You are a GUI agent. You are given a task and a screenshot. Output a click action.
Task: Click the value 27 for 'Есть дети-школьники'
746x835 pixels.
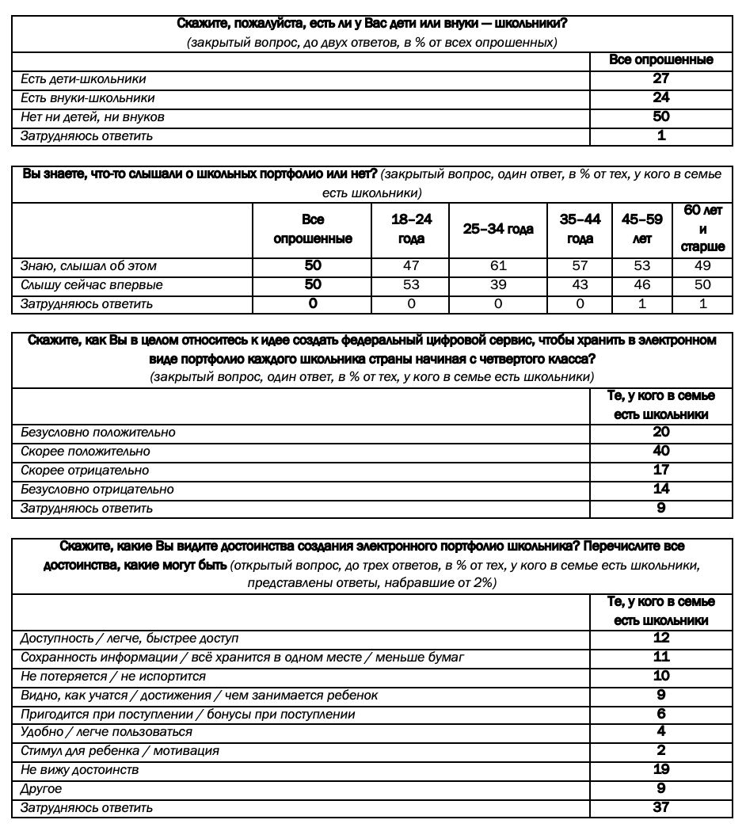661,78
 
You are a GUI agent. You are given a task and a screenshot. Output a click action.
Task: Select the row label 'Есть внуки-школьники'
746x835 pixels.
87,98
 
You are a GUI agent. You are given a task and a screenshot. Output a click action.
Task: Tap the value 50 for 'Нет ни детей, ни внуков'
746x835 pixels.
661,116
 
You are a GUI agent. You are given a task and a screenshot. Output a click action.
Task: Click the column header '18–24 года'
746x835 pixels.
411,229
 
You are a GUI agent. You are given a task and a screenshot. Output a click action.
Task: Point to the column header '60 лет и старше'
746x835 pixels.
702,229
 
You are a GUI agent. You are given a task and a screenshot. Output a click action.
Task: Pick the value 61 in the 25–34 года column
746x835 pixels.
498,266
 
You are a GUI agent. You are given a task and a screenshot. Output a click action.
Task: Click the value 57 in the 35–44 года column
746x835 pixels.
580,266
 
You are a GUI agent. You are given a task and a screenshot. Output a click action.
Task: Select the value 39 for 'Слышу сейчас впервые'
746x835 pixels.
498,285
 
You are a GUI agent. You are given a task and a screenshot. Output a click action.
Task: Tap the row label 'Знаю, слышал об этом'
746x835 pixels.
89,266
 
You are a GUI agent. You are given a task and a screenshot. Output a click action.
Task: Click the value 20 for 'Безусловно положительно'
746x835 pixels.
661,432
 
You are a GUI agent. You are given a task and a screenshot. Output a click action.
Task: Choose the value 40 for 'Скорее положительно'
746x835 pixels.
661,451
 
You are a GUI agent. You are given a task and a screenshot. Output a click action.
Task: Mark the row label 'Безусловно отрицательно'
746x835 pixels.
97,490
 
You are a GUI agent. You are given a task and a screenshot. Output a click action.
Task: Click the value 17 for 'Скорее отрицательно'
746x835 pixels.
661,471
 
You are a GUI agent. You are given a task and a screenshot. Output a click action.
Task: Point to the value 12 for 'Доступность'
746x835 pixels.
661,638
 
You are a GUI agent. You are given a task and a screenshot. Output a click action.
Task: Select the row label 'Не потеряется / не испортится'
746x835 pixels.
113,677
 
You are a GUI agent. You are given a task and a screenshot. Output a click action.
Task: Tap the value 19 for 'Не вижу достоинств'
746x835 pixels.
661,769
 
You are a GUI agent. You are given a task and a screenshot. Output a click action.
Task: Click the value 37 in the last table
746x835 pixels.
661,807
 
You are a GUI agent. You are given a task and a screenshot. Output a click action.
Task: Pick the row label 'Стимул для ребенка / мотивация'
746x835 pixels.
120,750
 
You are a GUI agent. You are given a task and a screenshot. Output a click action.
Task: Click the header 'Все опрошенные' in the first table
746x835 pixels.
661,59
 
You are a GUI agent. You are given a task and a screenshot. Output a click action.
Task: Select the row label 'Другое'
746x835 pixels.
41,789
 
